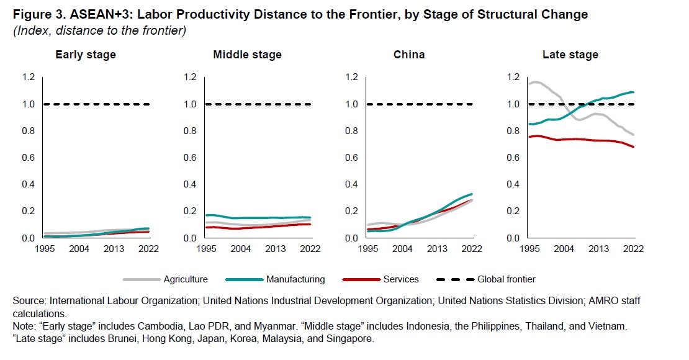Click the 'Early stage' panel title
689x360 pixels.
pyautogui.click(x=86, y=55)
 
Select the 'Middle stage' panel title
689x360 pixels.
pyautogui.click(x=247, y=55)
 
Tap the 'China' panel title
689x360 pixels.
pyautogui.click(x=409, y=55)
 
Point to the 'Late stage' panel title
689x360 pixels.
pyautogui.click(x=570, y=55)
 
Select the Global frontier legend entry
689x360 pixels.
pyautogui.click(x=506, y=279)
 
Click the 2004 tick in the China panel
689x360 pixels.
pyautogui.click(x=403, y=249)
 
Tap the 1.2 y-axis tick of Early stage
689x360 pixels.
pyautogui.click(x=28, y=77)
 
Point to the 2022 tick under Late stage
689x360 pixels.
pyautogui.click(x=633, y=249)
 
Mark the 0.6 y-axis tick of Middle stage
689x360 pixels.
pyautogui.click(x=189, y=158)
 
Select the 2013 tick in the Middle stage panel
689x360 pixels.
pyautogui.click(x=276, y=249)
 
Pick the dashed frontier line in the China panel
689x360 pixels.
pyautogui.click(x=422, y=104)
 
